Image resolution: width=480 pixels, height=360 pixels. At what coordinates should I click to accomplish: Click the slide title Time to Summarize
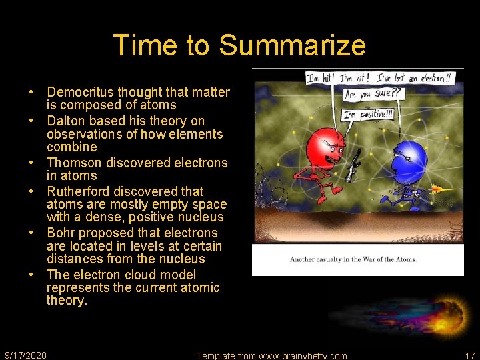point(239,45)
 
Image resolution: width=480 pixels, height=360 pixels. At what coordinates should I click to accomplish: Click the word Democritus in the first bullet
point(79,93)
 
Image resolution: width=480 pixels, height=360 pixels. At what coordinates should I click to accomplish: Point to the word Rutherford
point(78,191)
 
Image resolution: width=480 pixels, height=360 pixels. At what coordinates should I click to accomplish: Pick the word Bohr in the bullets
point(60,233)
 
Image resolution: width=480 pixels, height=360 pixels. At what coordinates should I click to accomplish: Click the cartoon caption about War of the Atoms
point(353,259)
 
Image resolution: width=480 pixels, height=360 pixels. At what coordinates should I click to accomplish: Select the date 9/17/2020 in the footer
point(25,355)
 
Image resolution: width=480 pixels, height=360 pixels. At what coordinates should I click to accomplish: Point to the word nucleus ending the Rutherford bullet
point(203,217)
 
